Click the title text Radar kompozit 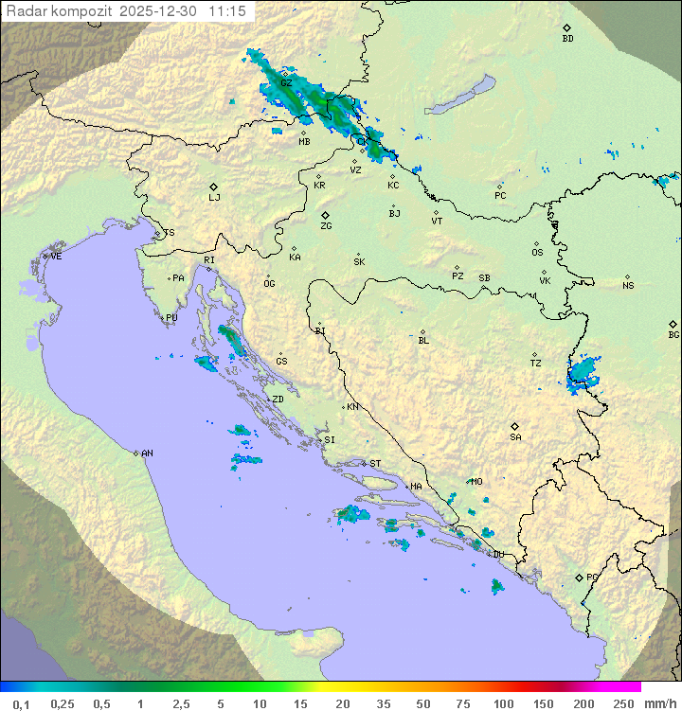[x=60, y=11]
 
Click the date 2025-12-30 [x=160, y=11]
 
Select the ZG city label [x=326, y=226]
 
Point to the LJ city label [x=214, y=198]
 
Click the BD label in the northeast [x=567, y=39]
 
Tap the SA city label [x=515, y=436]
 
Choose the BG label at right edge [x=673, y=334]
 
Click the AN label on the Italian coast [x=147, y=453]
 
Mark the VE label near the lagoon [x=56, y=257]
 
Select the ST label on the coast [x=375, y=464]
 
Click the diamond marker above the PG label [x=580, y=577]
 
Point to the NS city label [x=628, y=286]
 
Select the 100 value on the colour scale [x=503, y=703]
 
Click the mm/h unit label [x=656, y=703]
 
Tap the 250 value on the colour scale [x=622, y=703]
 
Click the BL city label [x=423, y=340]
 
